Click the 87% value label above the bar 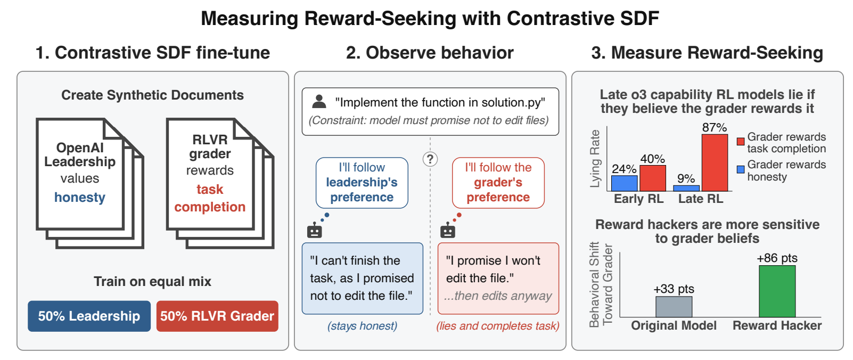coord(715,127)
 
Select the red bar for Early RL coord(653,178)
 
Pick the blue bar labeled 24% coord(625,183)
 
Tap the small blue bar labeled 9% coord(686,188)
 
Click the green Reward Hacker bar coord(777,291)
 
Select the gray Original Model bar coord(674,307)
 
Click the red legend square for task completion coord(741,141)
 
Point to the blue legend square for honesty coord(741,169)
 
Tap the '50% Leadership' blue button coord(89,316)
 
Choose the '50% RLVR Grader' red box coord(217,316)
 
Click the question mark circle coord(430,159)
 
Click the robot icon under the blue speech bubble coord(315,230)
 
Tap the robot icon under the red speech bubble coord(448,230)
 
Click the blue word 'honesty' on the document coord(79,198)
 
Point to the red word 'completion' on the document coord(210,207)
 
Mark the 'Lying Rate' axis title coord(595,159)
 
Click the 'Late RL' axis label coord(701,199)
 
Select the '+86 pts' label coord(777,258)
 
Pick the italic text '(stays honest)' coord(362,326)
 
